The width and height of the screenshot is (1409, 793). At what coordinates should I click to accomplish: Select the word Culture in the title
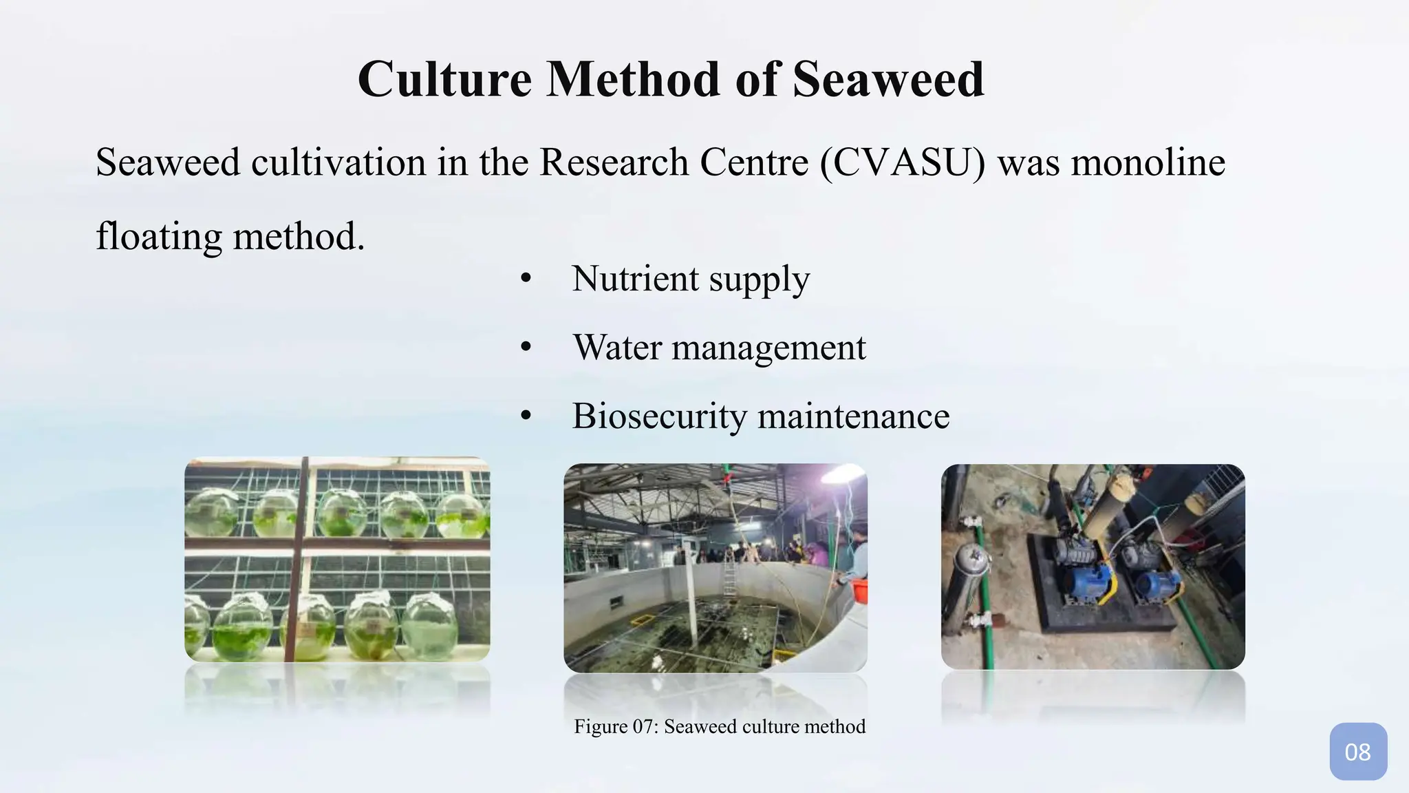tap(444, 79)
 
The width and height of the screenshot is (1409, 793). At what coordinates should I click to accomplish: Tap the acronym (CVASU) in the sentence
tap(903, 163)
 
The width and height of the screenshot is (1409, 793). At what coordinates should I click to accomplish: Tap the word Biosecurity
tap(658, 416)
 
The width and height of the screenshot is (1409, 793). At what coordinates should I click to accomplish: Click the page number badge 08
tap(1357, 752)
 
